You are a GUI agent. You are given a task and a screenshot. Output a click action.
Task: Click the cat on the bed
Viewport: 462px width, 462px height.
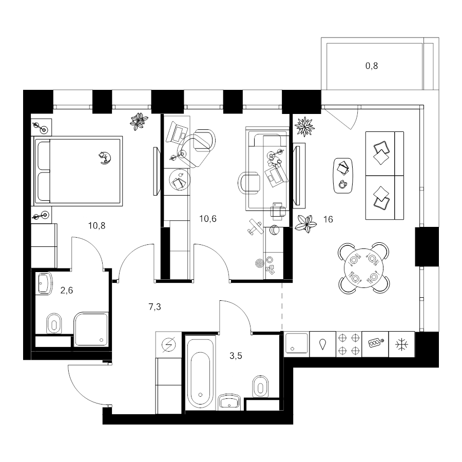click(x=105, y=158)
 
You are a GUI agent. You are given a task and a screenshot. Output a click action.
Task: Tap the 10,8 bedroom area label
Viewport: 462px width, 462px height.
click(x=97, y=226)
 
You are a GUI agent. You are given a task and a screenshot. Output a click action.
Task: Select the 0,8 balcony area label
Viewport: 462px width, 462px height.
click(x=372, y=66)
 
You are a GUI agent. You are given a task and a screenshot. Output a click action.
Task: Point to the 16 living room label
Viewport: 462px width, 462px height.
click(x=328, y=219)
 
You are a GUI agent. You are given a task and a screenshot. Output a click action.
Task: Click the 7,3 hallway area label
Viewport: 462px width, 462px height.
click(x=155, y=307)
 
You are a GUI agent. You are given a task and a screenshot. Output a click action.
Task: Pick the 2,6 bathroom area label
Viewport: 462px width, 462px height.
click(x=67, y=291)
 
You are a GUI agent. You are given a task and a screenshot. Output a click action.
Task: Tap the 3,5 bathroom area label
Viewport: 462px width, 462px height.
click(x=236, y=356)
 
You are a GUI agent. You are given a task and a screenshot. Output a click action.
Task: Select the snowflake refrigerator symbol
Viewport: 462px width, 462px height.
click(x=401, y=344)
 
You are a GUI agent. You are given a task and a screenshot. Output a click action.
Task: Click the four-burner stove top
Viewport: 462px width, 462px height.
click(x=349, y=344)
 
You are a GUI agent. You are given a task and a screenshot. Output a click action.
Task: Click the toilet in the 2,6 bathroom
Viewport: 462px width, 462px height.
click(x=54, y=324)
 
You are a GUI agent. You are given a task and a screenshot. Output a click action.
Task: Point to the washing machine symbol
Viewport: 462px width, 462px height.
click(x=168, y=344)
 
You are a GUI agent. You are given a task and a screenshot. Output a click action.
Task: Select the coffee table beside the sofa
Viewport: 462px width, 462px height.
click(x=343, y=176)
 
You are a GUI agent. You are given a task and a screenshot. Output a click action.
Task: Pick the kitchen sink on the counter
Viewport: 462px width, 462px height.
click(x=296, y=343)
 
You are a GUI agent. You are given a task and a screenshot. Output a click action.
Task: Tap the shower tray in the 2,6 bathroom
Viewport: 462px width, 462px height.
click(x=91, y=330)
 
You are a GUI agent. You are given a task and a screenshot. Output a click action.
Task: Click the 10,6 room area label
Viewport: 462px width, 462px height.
click(x=208, y=219)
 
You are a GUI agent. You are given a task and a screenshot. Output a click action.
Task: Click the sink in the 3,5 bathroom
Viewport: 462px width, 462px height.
click(x=229, y=402)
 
